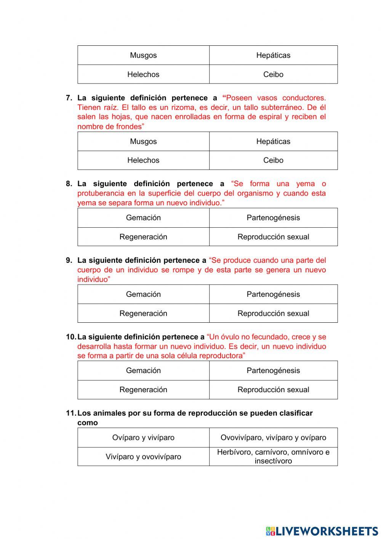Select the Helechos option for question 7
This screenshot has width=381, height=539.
[143, 160]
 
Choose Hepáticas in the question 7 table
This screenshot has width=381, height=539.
[273, 142]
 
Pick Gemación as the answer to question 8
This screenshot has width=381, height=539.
[143, 218]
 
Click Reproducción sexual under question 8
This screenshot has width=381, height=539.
[273, 237]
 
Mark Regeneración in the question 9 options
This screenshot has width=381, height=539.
[143, 313]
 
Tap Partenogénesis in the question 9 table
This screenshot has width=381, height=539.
[273, 294]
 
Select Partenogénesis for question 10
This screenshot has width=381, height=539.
[273, 370]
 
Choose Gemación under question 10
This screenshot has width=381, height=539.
[143, 370]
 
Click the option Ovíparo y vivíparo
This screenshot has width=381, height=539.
[143, 438]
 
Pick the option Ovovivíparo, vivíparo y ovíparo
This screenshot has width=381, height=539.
[273, 438]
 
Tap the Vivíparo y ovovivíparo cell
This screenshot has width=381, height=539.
[143, 457]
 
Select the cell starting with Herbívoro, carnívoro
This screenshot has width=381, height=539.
[273, 457]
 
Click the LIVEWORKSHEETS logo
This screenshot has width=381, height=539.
[322, 531]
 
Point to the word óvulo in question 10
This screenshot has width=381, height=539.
[230, 337]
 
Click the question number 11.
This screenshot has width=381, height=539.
[71, 413]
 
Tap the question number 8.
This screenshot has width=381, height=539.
[69, 184]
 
